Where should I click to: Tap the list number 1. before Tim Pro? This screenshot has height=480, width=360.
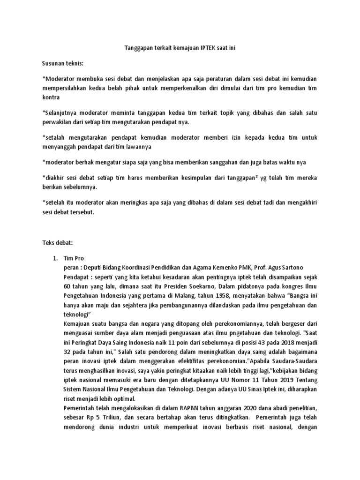pyautogui.click(x=55, y=258)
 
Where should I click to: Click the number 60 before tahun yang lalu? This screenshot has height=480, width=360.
pyautogui.click(x=68, y=286)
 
